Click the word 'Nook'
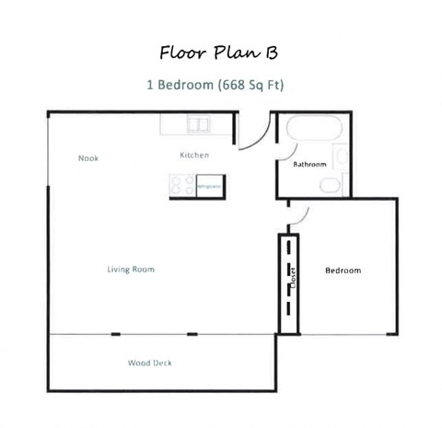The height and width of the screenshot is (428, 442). (88, 158)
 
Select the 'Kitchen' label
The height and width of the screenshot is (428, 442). (194, 156)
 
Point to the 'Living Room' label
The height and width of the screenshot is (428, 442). (130, 270)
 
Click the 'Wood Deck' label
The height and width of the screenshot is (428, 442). (149, 363)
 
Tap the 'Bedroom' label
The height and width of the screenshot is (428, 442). (343, 271)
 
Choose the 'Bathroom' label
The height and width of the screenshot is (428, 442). (309, 165)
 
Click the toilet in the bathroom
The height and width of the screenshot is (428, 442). (329, 185)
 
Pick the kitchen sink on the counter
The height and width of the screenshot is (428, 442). (199, 123)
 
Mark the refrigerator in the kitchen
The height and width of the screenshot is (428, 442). (209, 186)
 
